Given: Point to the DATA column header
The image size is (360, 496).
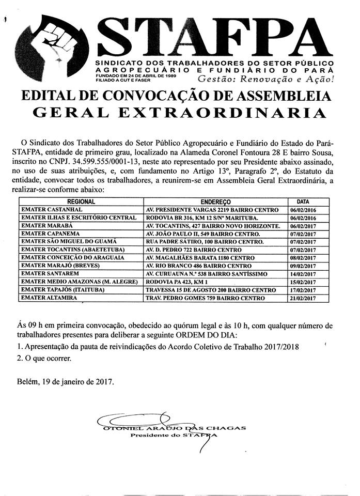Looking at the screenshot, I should [304, 203].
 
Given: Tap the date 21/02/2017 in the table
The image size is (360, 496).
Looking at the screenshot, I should [302, 299].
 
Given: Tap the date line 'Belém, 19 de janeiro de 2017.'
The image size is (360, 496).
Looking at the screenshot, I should [65, 382].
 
